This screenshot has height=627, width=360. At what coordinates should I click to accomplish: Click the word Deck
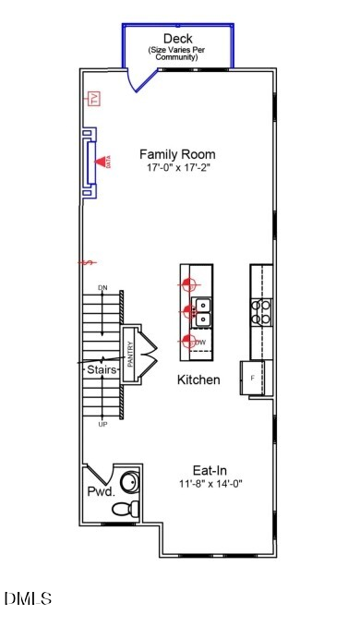pos(178,38)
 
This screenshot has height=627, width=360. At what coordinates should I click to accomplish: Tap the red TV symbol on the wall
pos(93,99)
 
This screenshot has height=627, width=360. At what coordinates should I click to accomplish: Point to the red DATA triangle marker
pos(104,161)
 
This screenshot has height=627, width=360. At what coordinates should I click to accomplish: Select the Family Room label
pos(177,155)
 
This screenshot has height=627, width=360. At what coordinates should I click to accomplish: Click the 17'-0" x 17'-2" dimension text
pos(177,169)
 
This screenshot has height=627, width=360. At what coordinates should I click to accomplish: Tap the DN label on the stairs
pos(102,289)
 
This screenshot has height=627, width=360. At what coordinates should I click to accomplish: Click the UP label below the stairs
pos(102,424)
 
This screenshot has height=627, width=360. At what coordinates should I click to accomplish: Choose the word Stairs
pos(102,369)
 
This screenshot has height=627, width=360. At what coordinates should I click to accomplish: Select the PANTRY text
pos(130,355)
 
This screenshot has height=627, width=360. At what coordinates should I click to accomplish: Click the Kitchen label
pos(198,380)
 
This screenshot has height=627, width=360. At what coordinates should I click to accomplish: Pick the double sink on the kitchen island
pos(201,312)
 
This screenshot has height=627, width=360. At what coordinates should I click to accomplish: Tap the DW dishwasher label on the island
pos(199,343)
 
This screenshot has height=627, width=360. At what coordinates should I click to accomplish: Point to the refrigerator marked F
pos(254,379)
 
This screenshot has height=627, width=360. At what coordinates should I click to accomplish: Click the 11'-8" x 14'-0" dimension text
pos(211,484)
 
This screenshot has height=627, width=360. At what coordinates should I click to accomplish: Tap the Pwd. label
pos(101,492)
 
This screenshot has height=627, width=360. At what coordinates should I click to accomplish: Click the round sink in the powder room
pos(131,481)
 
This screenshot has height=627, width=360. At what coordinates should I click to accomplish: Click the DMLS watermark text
pos(29,599)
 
